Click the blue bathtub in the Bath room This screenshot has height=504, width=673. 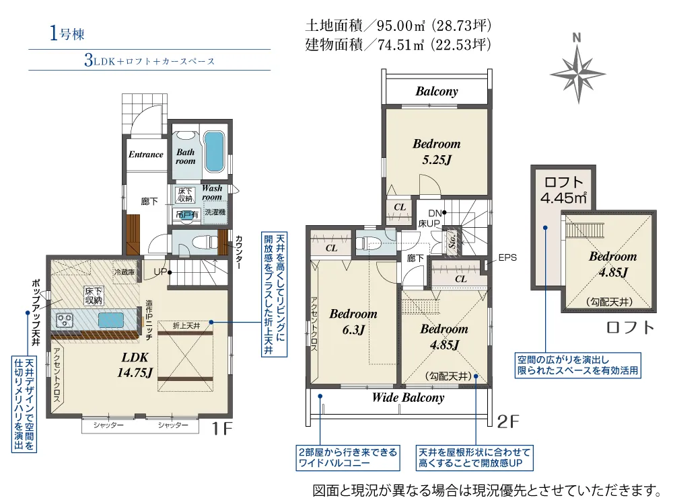213,151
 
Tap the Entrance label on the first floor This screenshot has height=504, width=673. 146,155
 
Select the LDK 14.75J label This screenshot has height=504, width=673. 135,365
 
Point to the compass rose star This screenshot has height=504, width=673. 577,74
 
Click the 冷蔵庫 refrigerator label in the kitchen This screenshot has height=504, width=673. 125,271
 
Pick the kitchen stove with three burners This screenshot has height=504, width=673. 65,320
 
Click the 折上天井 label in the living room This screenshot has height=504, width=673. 186,326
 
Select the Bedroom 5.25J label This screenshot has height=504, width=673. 437,152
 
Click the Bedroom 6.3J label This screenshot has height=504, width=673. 353,321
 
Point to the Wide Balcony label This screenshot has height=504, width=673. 409,398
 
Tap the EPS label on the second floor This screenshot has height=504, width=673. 507,257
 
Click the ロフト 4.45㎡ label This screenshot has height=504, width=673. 563,190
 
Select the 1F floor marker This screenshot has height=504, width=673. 222,429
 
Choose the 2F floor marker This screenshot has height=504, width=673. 508,422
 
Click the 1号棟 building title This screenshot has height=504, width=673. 67,34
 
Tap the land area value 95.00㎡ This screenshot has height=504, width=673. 401,26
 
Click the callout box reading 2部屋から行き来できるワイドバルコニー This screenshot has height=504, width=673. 348,458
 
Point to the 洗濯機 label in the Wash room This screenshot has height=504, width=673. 215,212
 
